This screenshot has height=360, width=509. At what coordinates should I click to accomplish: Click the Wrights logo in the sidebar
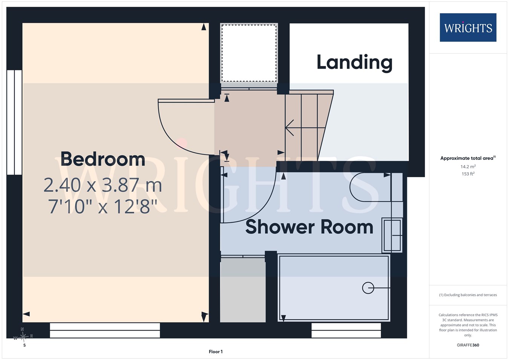coord(468,28)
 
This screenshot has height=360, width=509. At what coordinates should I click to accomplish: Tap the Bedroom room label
coord(103,159)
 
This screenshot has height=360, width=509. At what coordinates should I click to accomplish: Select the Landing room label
coord(354,63)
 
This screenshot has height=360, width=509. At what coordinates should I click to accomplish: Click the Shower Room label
coord(309,227)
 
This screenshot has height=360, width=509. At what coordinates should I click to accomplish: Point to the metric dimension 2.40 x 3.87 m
coord(103,185)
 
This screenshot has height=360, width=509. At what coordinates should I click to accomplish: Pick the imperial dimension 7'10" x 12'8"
coord(103,206)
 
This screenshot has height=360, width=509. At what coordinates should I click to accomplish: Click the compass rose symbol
coord(23,337)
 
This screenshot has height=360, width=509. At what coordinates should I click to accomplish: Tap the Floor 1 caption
coord(216,352)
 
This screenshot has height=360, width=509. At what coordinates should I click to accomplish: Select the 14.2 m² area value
coord(468,167)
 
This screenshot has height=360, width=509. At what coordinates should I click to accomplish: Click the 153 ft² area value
coord(468,174)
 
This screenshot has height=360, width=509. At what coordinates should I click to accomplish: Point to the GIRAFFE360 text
coord(468,345)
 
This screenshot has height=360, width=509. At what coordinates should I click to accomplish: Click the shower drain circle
coord(368,288)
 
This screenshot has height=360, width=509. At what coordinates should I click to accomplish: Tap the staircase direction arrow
coord(305,128)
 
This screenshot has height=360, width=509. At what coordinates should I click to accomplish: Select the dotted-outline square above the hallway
coord(249,53)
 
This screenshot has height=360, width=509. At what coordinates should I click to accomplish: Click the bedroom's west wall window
coord(14,123)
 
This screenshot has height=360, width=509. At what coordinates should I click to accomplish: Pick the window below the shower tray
coord(346,331)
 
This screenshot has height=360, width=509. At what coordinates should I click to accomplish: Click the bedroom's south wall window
coord(105,331)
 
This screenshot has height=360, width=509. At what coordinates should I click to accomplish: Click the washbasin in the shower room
coord(392,235)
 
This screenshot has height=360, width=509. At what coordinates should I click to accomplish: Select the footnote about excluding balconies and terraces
coord(468,295)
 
